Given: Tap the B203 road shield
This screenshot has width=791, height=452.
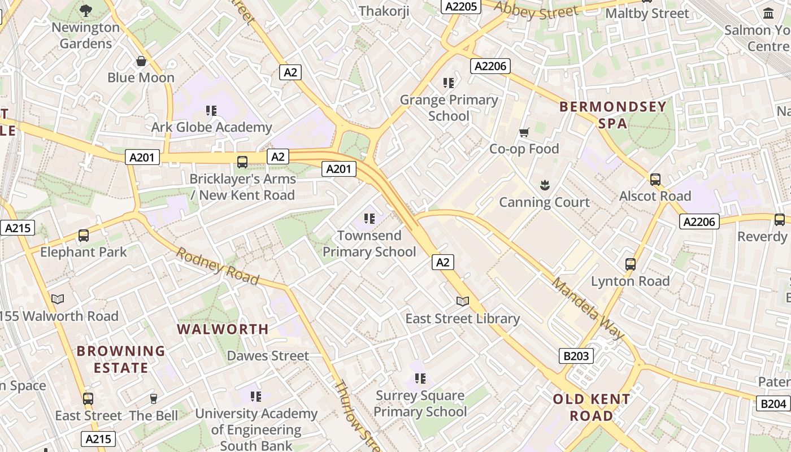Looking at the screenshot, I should tap(576, 356).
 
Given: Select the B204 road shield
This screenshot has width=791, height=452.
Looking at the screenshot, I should tap(773, 403).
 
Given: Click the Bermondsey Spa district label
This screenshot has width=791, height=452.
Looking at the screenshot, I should tap(613, 115).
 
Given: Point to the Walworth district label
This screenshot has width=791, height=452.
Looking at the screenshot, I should tap(223, 329).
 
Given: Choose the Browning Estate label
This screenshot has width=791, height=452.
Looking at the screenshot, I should tap(121, 359).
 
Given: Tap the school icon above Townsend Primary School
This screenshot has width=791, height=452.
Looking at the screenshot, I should tap(370, 218).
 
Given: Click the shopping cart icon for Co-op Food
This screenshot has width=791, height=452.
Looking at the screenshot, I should tap(524, 132).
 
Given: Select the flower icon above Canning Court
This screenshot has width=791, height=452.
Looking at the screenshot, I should tap(544, 185).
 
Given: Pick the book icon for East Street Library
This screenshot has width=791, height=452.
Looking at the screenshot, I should tap(463, 301).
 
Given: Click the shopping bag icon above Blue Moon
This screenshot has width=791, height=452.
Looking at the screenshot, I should tap(141, 61).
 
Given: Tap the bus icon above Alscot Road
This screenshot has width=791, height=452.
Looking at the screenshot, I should tap(655, 180).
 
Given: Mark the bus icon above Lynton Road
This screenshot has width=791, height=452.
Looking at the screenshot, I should tap(631, 264).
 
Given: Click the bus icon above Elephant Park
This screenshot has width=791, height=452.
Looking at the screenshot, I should tap(84, 235).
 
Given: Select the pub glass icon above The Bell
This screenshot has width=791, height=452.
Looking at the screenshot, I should tap(153, 399).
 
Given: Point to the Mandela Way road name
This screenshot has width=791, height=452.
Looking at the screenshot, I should tap(587, 308).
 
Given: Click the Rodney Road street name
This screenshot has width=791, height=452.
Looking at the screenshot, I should tap(217, 266).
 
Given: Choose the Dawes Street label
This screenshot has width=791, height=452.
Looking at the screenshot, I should tap(268, 356).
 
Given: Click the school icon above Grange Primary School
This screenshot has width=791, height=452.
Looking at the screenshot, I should tap(449, 83).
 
